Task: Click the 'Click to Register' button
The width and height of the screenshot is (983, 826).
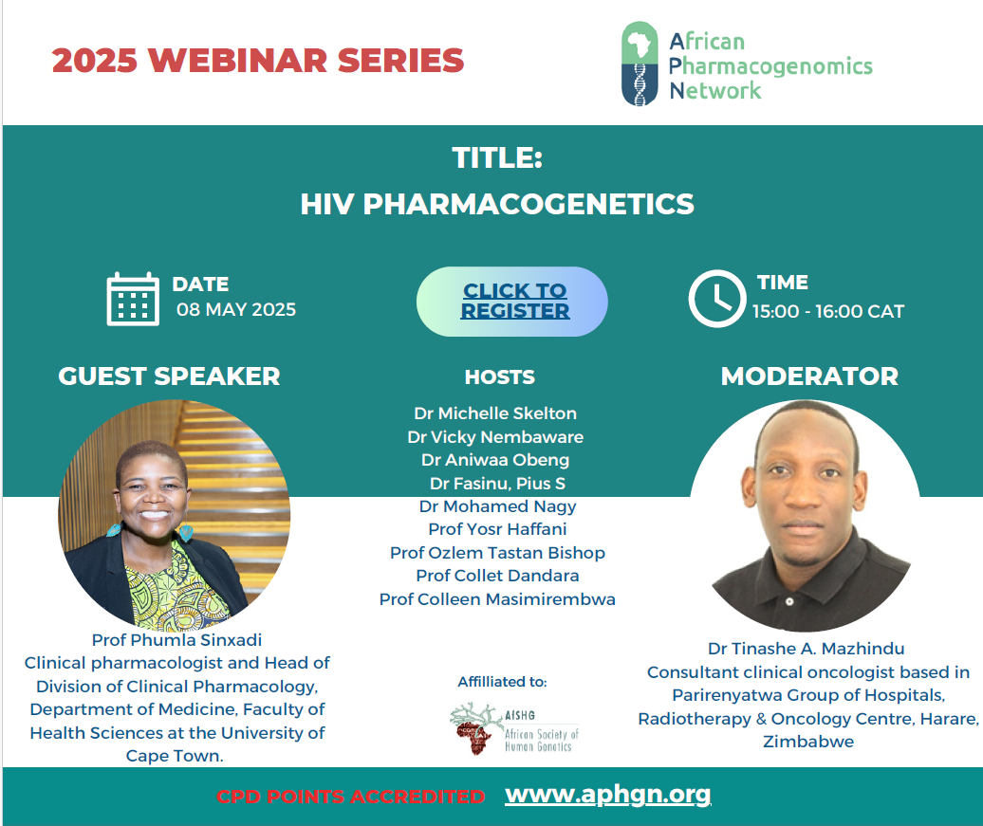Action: click(511, 302)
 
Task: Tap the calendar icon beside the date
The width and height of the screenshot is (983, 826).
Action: click(133, 299)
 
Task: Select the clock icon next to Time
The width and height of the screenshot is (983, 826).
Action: click(717, 299)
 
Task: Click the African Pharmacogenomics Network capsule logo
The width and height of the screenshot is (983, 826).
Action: click(640, 64)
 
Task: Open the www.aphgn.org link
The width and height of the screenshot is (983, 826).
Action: click(607, 794)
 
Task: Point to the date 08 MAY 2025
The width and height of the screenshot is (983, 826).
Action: click(235, 309)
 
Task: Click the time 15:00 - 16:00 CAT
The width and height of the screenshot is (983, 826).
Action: click(828, 311)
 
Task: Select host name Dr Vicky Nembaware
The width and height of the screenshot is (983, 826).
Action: click(495, 437)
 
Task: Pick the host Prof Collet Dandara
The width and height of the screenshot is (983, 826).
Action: click(497, 576)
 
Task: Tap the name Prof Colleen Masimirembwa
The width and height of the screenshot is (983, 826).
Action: click(497, 599)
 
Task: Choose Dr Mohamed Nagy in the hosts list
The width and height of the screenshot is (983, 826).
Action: click(497, 506)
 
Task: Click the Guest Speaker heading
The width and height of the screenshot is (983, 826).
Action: click(169, 376)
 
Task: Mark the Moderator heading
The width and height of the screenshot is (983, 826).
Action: click(809, 376)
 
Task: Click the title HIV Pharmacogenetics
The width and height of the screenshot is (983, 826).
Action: click(497, 204)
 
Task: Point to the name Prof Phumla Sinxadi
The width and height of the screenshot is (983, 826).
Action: click(176, 640)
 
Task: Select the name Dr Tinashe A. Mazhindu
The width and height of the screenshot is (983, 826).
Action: click(807, 649)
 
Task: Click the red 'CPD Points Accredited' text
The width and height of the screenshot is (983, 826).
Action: click(350, 797)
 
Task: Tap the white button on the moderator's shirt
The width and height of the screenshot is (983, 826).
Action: click(789, 601)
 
